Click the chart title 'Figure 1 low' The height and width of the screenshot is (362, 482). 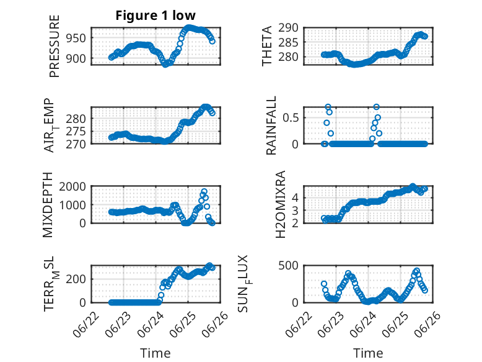coord(156,16)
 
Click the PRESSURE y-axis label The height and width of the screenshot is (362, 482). coord(54,46)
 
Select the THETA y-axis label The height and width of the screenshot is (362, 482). coord(267,46)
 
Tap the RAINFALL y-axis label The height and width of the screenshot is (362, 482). coord(271,125)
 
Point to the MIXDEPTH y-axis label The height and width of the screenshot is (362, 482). coord(48,205)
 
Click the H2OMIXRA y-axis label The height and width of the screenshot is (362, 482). coord(281,204)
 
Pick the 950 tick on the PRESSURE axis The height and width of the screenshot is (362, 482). coord(76,38)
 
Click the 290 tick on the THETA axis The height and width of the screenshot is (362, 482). coord(288,28)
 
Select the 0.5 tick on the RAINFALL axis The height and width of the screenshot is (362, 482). coord(291,118)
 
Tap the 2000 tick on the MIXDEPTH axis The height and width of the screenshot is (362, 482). coord(72,186)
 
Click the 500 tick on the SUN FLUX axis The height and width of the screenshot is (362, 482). coord(288,265)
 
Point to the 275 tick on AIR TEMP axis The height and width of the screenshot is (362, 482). coord(76,132)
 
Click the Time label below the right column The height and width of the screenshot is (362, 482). coord(368,353)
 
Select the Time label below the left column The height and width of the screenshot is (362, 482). coord(156,353)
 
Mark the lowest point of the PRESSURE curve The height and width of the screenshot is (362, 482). coord(165,65)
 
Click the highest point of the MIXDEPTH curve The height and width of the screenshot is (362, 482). coord(204,191)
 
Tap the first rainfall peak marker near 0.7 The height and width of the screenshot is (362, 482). coord(328,107)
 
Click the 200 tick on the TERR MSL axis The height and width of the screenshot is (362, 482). coord(76,279)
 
